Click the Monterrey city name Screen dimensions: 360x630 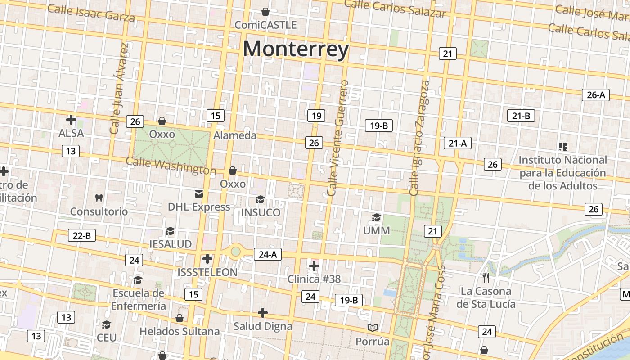click(x=296, y=49)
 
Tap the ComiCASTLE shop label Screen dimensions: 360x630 click(x=265, y=25)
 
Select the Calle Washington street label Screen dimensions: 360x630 click(x=171, y=166)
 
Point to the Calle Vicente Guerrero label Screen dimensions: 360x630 click(x=338, y=138)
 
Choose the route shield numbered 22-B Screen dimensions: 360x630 click(x=82, y=235)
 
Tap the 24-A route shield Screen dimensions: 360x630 click(x=267, y=254)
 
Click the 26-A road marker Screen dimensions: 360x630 click(x=596, y=94)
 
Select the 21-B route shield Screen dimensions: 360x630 click(x=521, y=116)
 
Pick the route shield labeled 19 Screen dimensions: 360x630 click(x=316, y=116)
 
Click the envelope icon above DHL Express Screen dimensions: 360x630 click(x=199, y=194)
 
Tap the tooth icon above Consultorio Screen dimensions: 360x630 click(x=99, y=198)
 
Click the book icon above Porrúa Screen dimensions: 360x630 click(x=373, y=328)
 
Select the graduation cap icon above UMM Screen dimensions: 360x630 click(x=376, y=218)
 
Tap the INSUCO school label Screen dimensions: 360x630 click(x=261, y=212)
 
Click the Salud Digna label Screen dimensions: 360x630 click(x=263, y=326)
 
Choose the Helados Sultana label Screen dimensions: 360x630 click(x=180, y=332)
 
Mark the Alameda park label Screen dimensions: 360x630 click(x=235, y=135)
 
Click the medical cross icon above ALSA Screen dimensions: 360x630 click(x=71, y=120)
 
